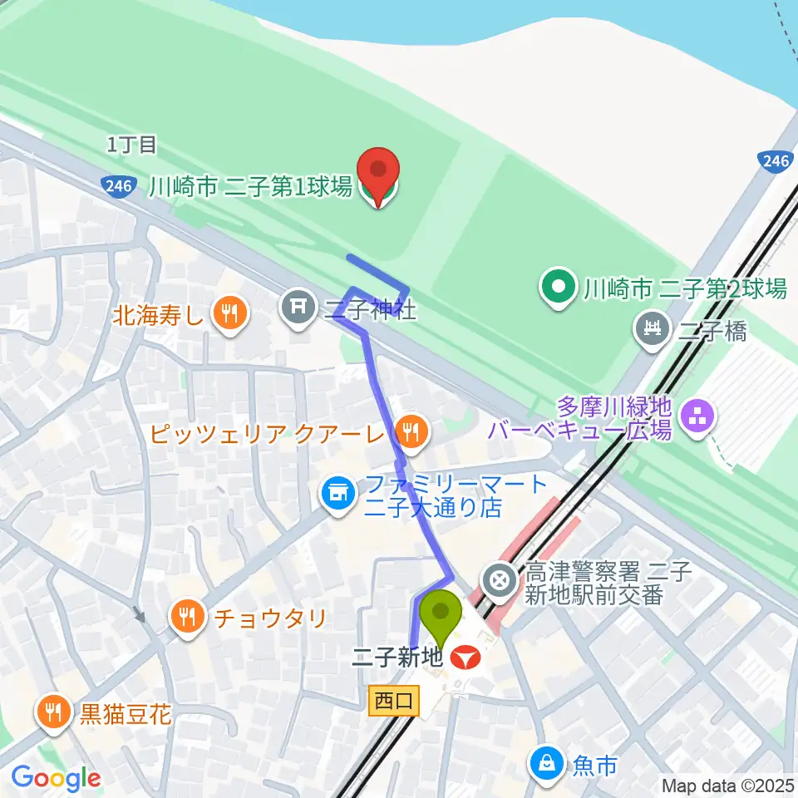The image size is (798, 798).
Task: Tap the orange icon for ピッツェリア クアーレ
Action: click(x=409, y=431)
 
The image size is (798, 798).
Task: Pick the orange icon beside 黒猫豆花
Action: click(x=53, y=712)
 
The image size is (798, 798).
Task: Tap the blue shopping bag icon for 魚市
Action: click(x=547, y=763)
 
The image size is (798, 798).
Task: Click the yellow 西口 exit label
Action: click(x=393, y=702)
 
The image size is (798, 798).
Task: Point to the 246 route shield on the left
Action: click(x=119, y=186)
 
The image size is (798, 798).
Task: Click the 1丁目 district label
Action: click(x=131, y=145)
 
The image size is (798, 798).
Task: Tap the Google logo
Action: click(x=56, y=778)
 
